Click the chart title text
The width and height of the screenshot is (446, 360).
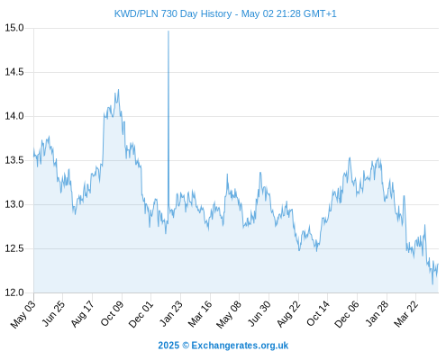225,13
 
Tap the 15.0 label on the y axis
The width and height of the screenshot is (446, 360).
14,28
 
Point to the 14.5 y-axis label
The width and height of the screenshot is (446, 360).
14,72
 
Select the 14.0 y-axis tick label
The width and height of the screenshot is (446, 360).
14,116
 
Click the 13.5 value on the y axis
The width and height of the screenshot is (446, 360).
14,160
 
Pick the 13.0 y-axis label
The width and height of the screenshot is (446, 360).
14,204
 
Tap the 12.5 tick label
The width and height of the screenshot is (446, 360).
14,248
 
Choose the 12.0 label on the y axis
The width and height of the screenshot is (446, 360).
14,292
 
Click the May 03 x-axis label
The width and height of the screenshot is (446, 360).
23,314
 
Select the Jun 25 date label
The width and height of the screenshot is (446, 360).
53,313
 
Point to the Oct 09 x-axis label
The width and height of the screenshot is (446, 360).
112,313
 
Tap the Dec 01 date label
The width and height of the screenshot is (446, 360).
141,314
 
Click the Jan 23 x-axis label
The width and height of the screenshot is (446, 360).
171,313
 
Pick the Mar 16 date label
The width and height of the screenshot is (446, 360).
200,314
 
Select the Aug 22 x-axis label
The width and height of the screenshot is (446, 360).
288,314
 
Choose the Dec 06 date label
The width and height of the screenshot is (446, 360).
347,314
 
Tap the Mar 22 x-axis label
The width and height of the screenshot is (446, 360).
405,314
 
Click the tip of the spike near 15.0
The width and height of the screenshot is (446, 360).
168,31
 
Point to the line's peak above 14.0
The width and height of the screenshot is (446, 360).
118,89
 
